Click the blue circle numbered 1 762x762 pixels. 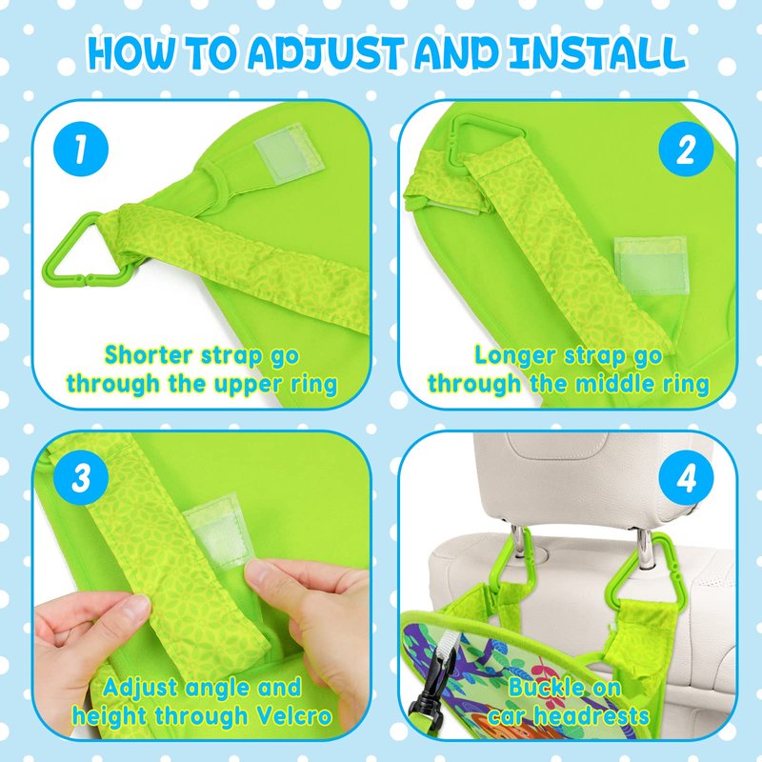pyautogui.click(x=81, y=149)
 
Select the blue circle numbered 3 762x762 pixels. pyautogui.click(x=81, y=477)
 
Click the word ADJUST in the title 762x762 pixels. pyautogui.click(x=326, y=52)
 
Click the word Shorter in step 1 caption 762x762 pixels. pyautogui.click(x=150, y=354)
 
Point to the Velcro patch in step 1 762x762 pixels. pyautogui.click(x=288, y=152)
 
